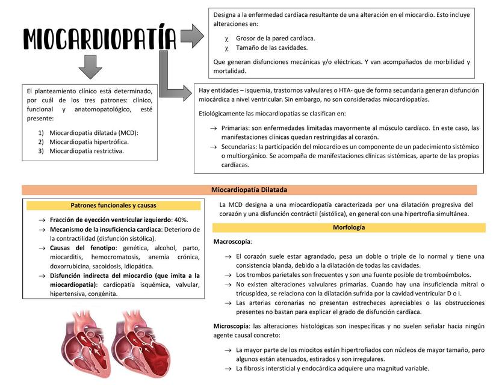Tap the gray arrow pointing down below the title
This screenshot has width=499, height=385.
click(90, 67)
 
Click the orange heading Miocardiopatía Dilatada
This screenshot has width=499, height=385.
click(249, 189)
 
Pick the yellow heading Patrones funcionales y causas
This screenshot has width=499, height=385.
click(113, 205)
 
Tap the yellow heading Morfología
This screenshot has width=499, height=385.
click(349, 227)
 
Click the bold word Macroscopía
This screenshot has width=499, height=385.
click(232, 241)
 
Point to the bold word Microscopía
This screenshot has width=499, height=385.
click(231, 325)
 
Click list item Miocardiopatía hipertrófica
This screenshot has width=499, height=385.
click(88, 141)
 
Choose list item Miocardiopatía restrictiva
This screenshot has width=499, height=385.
click(86, 150)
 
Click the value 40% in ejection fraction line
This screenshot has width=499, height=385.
click(181, 220)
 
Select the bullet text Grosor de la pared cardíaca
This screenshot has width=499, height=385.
click(275, 38)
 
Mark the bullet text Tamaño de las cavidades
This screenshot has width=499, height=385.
click(271, 47)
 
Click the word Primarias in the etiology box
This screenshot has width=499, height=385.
click(235, 128)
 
